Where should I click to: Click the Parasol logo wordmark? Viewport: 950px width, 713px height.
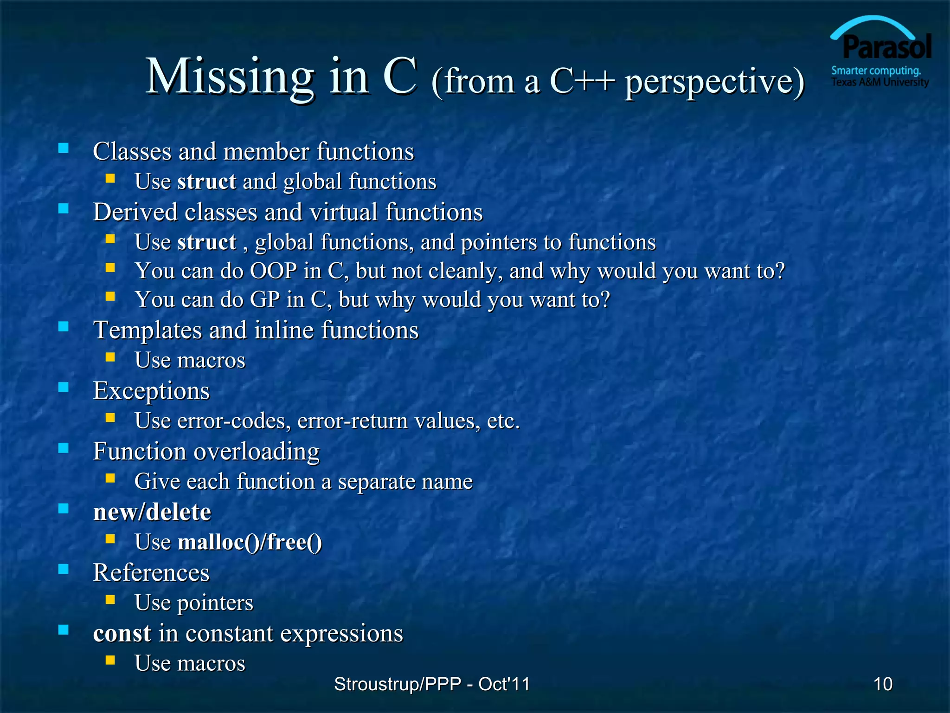point(886,47)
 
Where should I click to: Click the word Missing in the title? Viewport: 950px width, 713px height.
point(230,77)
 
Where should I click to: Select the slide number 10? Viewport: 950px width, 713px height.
point(882,684)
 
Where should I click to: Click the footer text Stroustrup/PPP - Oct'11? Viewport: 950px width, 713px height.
point(431,684)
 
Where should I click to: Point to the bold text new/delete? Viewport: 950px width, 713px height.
point(152,512)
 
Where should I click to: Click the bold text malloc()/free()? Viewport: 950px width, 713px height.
point(250,542)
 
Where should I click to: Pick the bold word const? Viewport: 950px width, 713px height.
point(122,633)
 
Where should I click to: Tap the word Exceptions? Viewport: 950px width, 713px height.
point(151,390)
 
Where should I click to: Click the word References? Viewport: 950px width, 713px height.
point(151,572)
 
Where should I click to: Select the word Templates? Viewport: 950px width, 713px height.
point(148,330)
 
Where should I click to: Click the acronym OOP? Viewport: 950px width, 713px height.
point(274,271)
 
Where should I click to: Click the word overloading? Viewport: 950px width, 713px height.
point(257,452)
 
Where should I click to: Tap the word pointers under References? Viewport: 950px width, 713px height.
point(215,603)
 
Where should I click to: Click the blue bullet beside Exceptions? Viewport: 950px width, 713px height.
point(64,387)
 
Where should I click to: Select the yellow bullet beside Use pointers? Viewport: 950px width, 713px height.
point(110,599)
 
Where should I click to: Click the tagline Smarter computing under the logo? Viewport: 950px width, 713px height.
point(876,71)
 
